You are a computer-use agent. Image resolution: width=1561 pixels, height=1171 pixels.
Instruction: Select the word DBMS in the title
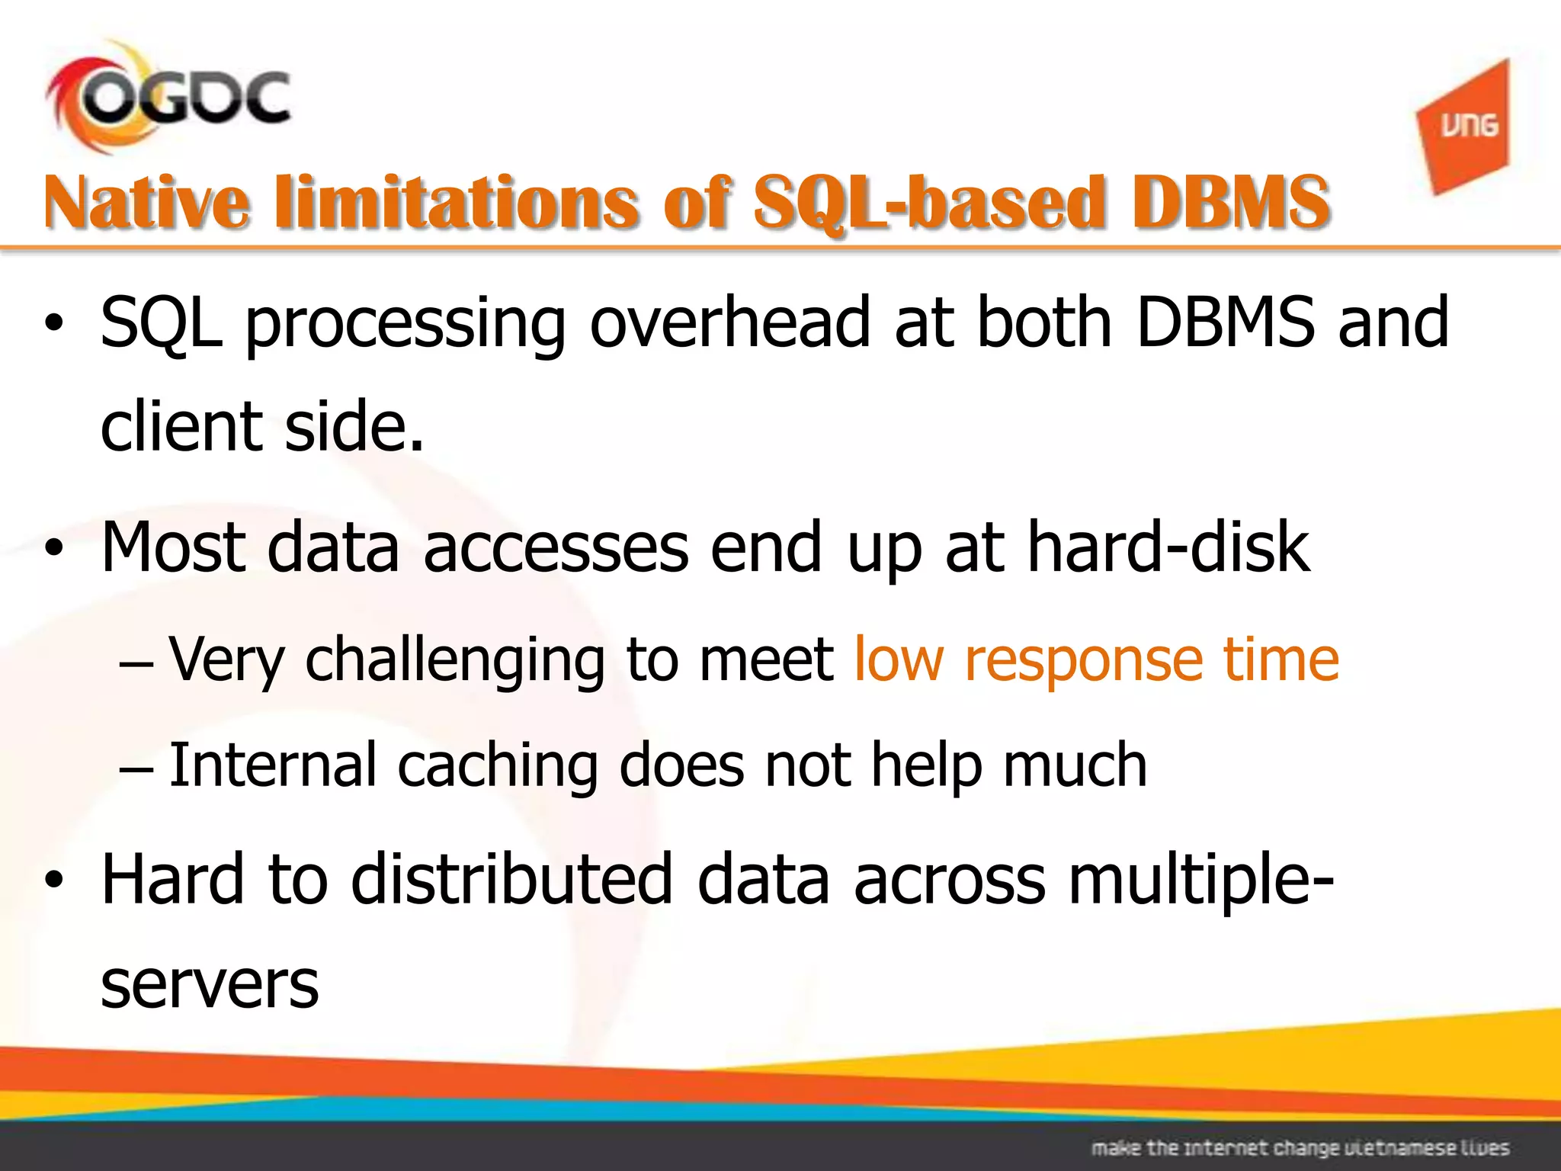tap(1230, 202)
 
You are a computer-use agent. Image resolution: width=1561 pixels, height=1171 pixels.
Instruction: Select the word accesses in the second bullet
tap(556, 548)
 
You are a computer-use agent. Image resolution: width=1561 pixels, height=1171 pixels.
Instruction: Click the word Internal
tap(272, 765)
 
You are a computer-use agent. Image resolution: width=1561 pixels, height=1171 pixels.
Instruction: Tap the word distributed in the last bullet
tap(511, 879)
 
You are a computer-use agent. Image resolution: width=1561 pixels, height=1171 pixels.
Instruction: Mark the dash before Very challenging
tap(136, 662)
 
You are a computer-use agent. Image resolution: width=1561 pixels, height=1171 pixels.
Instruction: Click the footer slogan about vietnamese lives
tap(1300, 1147)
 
